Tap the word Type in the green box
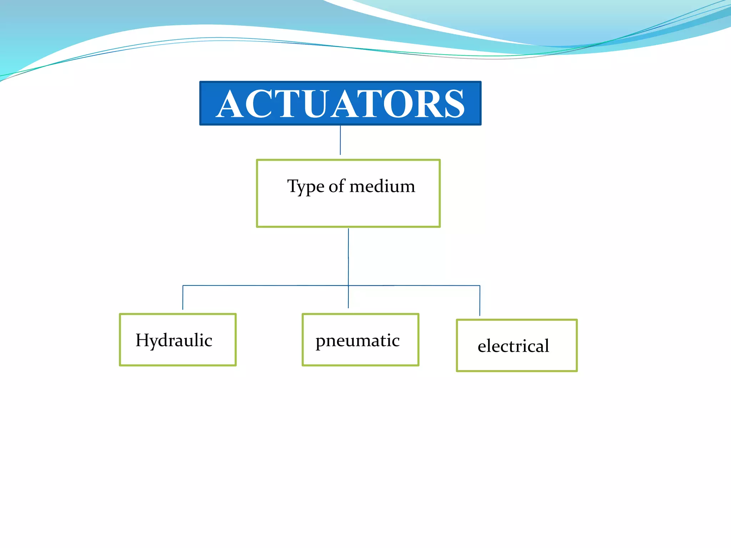[x=306, y=187]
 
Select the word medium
[x=382, y=186]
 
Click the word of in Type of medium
[x=337, y=186]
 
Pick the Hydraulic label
[x=174, y=340]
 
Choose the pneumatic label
[x=357, y=340]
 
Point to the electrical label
[x=513, y=346]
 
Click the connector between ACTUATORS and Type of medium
[x=340, y=140]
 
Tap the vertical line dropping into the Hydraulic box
[x=183, y=298]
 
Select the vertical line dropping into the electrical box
[x=480, y=300]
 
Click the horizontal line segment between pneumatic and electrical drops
[x=414, y=285]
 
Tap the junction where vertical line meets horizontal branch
[x=348, y=285]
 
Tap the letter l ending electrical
[x=547, y=345]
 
